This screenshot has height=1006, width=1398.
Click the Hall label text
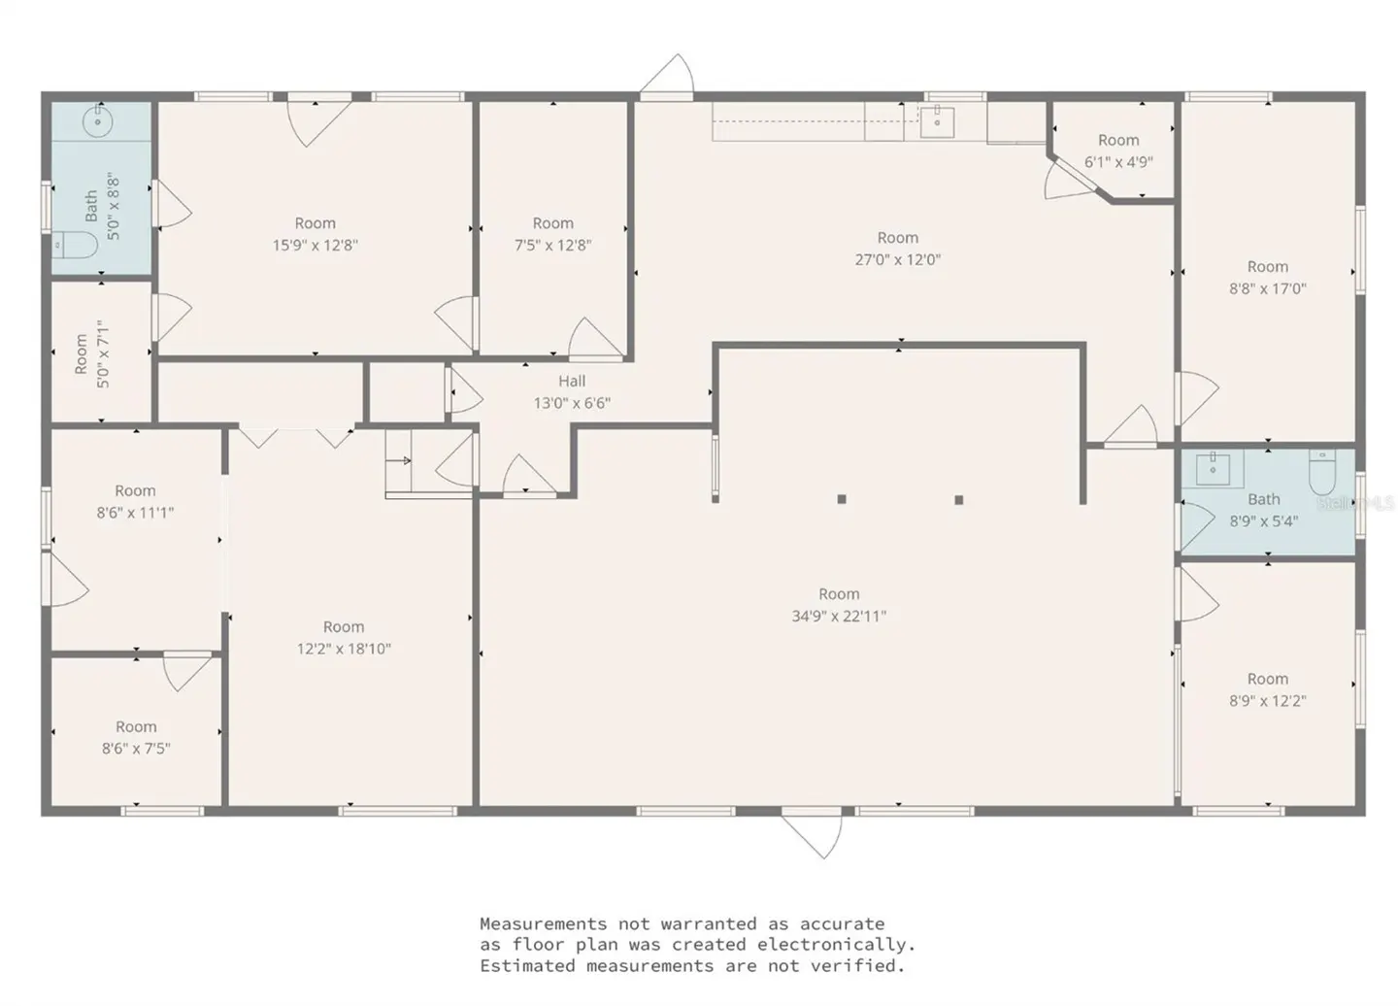(571, 382)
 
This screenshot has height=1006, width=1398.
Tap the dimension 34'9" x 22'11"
(839, 616)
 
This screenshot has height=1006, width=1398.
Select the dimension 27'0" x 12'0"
(897, 259)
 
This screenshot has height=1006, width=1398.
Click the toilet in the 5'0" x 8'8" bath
(74, 245)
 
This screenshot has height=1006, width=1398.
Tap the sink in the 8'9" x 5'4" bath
(1214, 468)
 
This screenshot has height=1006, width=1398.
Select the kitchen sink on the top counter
(937, 122)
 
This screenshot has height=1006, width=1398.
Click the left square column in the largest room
(842, 499)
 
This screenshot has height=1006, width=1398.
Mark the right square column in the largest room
(958, 500)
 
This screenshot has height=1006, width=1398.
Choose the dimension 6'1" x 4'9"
(1118, 162)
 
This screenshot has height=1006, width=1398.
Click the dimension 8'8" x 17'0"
(1267, 288)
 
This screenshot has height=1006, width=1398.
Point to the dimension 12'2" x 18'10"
(344, 649)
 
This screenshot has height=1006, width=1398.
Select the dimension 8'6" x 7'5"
(136, 749)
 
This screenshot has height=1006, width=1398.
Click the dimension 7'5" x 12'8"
(552, 245)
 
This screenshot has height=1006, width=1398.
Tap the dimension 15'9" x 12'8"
(315, 245)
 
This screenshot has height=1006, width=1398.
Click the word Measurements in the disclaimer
(543, 923)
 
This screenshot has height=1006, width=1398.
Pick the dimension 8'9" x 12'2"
(1267, 701)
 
